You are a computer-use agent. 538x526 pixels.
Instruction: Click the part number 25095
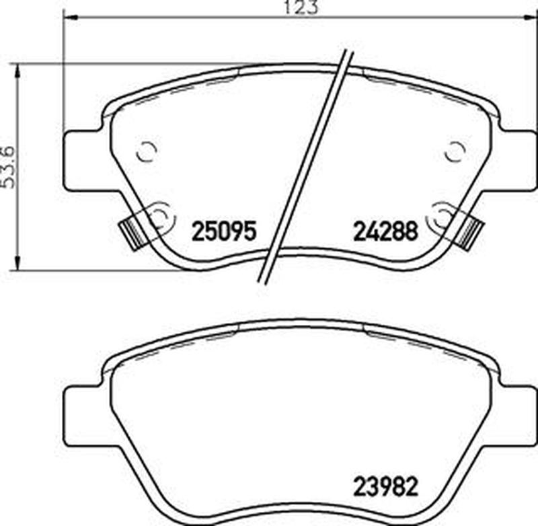click(224, 231)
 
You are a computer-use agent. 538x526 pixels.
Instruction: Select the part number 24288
click(385, 231)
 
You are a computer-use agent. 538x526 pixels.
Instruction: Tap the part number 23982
click(385, 486)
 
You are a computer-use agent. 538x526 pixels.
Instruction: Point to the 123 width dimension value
click(301, 7)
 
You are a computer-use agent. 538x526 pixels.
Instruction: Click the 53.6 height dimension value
click(7, 167)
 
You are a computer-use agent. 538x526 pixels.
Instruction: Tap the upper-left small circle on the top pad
click(147, 151)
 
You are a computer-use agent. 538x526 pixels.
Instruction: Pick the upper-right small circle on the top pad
click(455, 151)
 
